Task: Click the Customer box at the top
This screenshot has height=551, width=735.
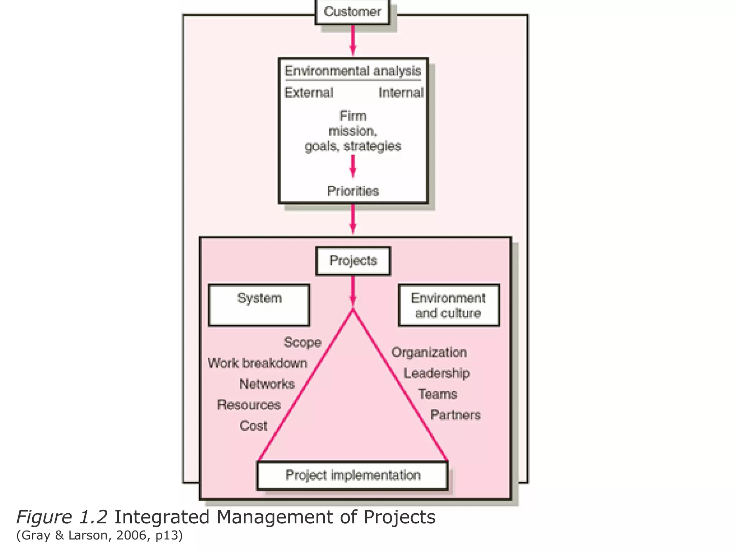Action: coord(352,12)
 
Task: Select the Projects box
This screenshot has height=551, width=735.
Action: coord(353,261)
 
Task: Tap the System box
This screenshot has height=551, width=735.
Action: coord(259,305)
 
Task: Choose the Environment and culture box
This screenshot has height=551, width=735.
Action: coord(449,305)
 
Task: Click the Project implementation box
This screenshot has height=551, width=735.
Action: coord(352,475)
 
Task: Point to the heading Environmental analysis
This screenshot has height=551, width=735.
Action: coord(353,71)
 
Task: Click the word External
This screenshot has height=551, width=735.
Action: coord(309,93)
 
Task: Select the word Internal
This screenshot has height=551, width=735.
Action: coord(401,93)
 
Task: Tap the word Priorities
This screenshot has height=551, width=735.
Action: coord(353,191)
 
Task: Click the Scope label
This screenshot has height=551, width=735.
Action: coord(303,342)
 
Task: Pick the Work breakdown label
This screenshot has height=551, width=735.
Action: coord(258,363)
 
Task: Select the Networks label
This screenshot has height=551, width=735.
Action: coord(267,384)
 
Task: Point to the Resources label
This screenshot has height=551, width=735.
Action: coord(249,405)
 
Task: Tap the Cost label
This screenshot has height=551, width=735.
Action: coord(253,426)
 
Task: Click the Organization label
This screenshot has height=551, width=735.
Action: coord(429,352)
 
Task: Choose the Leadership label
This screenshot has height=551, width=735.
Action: coord(437,373)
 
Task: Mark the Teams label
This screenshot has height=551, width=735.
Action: coord(437,394)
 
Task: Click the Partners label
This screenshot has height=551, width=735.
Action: coord(455,415)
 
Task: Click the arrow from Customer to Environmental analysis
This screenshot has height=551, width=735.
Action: coord(353,40)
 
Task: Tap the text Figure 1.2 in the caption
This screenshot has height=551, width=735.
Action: coord(62,517)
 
